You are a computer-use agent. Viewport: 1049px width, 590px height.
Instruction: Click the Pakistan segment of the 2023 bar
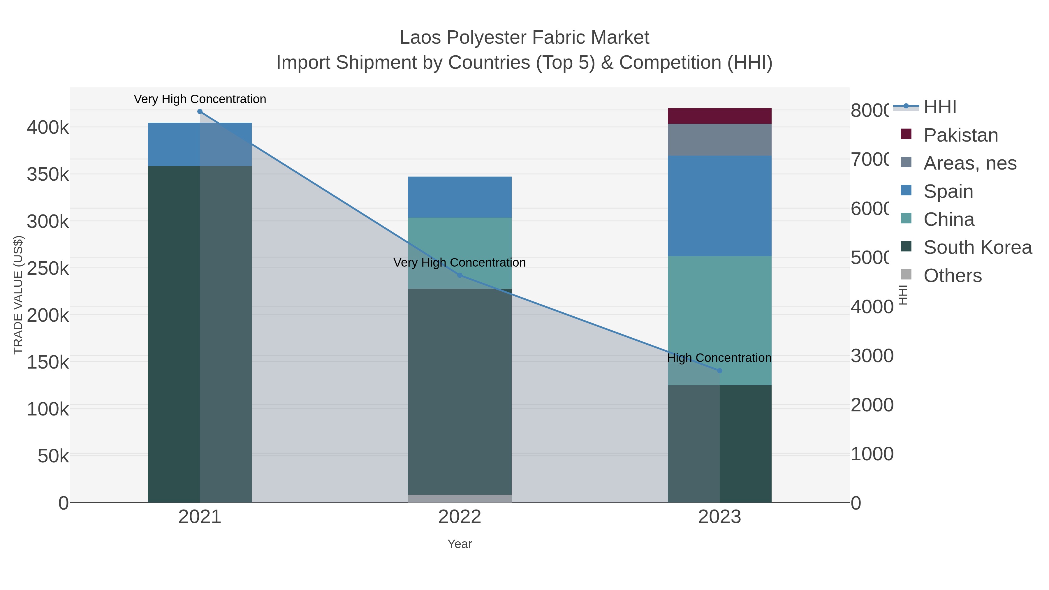click(719, 116)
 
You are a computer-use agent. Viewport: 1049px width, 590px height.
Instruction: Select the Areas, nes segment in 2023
click(719, 140)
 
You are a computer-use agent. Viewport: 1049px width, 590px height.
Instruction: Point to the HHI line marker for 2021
click(200, 112)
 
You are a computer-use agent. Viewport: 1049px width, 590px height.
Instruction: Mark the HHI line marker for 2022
click(460, 275)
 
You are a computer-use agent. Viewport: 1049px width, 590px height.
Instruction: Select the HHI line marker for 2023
click(719, 371)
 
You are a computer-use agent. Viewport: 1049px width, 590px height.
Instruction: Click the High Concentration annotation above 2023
click(719, 358)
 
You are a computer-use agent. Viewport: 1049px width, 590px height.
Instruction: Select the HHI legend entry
click(940, 107)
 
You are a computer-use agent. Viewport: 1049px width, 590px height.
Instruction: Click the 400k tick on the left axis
click(48, 127)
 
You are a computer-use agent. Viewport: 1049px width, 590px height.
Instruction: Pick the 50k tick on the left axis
click(53, 456)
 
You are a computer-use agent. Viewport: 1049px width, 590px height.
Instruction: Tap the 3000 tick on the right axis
click(872, 356)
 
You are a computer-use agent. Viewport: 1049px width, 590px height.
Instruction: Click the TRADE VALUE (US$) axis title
click(18, 295)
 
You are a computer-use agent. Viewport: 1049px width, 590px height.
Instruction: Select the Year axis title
click(460, 544)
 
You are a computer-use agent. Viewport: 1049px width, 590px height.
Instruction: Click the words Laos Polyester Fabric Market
click(524, 38)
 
